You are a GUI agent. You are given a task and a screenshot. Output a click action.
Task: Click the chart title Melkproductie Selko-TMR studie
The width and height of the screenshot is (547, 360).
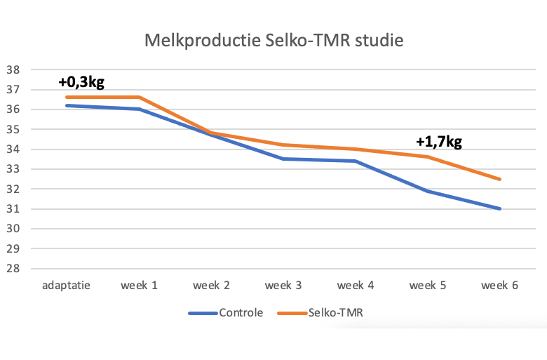tap(273, 40)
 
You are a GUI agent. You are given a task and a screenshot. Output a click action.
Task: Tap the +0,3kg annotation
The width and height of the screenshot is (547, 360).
tap(81, 82)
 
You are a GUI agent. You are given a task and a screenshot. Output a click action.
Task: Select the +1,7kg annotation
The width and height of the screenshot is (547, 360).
tap(439, 142)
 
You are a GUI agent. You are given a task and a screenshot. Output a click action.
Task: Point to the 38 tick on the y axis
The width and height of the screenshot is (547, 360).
tap(12, 69)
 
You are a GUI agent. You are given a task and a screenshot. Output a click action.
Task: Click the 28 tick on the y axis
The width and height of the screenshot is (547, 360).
tap(12, 269)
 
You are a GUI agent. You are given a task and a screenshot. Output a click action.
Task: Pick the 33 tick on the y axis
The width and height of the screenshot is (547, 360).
tap(12, 169)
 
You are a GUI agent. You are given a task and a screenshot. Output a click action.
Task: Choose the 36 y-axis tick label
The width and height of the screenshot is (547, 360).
tap(12, 109)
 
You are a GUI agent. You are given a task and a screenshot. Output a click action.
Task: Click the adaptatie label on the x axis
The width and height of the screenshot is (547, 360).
tap(66, 286)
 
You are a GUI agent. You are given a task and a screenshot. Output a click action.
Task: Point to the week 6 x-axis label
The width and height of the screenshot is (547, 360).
tap(499, 286)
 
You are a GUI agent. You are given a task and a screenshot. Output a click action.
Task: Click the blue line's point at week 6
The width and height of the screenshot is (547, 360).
tap(499, 208)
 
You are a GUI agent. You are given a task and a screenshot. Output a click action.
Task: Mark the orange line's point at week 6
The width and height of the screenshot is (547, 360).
tap(499, 179)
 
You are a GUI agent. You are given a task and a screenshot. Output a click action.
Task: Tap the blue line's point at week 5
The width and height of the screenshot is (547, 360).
tap(427, 191)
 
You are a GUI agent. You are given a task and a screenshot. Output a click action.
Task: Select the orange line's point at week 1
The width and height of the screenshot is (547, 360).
tap(138, 98)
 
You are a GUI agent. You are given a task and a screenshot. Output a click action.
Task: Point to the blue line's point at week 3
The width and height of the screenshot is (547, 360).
tap(283, 159)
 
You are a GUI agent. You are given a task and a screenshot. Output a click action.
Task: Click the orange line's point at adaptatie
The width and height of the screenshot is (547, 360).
tap(66, 98)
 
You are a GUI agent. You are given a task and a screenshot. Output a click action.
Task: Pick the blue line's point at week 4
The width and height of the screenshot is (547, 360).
tap(355, 161)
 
